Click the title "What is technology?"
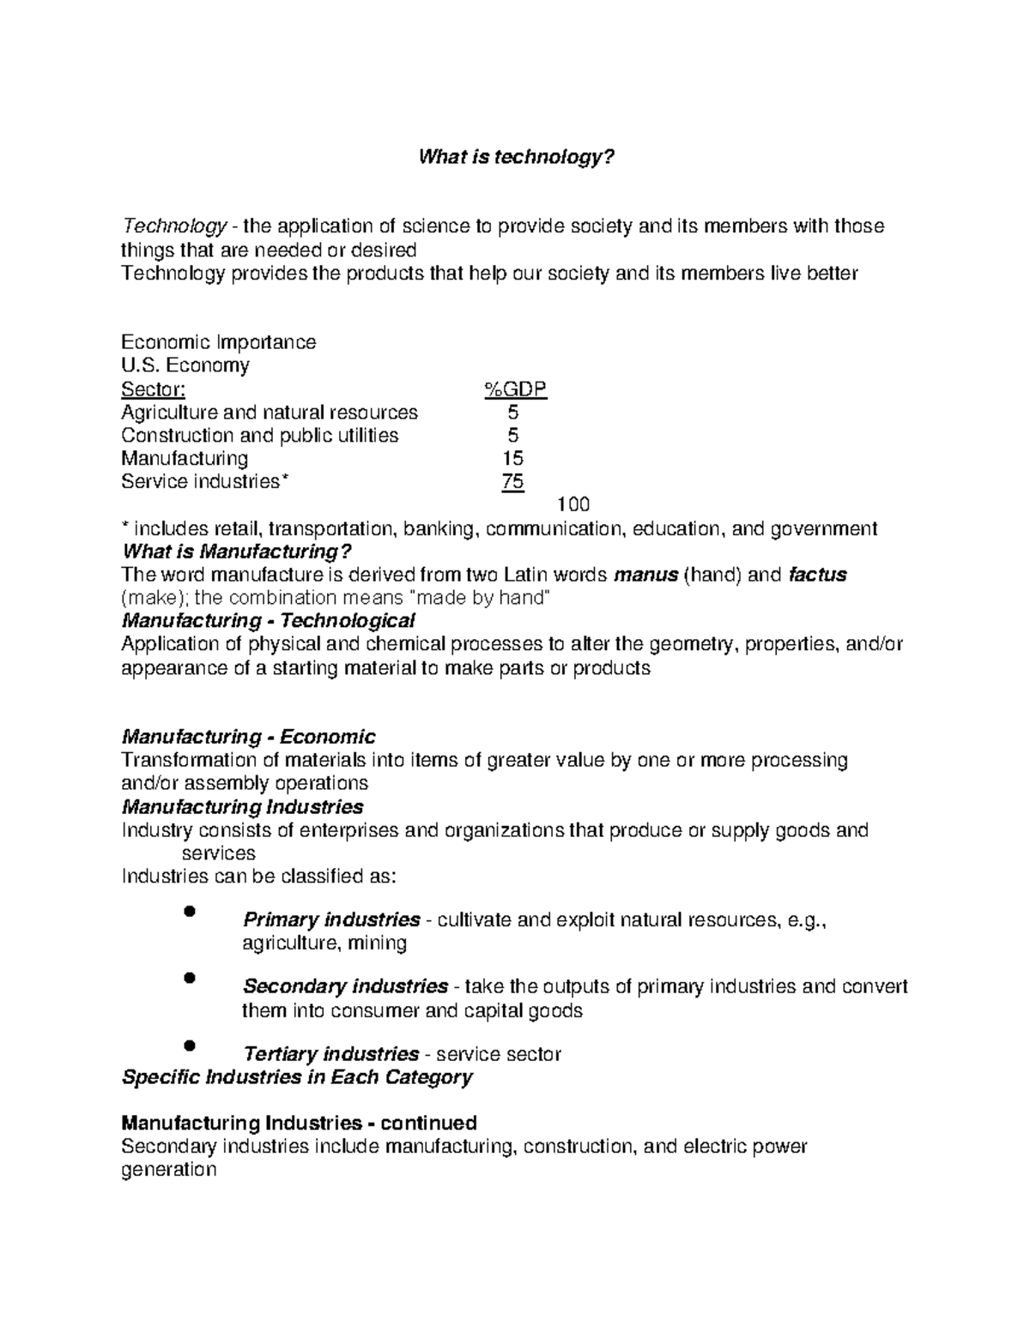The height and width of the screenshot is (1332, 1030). (x=516, y=158)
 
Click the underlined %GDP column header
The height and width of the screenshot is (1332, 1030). (x=515, y=390)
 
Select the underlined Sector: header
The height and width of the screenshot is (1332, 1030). (x=153, y=390)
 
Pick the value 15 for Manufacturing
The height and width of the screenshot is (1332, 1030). (x=513, y=459)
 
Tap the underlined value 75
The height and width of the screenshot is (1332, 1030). (x=512, y=482)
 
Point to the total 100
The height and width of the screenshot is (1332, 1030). (x=573, y=504)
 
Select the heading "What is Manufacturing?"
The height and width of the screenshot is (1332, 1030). (x=238, y=551)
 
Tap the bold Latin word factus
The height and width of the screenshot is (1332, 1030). (x=816, y=575)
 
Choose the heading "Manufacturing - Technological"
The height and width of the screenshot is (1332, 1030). (x=269, y=620)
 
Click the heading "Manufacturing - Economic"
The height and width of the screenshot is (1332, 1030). (x=249, y=737)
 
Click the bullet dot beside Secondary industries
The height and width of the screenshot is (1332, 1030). (x=191, y=978)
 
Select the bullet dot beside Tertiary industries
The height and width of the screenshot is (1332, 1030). (x=191, y=1045)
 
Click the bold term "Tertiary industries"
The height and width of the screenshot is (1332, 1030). (x=331, y=1054)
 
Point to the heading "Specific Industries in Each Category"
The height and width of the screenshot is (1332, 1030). (x=297, y=1077)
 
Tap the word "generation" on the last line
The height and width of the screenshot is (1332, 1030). (x=168, y=1170)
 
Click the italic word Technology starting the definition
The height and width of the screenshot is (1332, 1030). (x=174, y=226)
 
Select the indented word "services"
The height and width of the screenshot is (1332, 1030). (x=219, y=853)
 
